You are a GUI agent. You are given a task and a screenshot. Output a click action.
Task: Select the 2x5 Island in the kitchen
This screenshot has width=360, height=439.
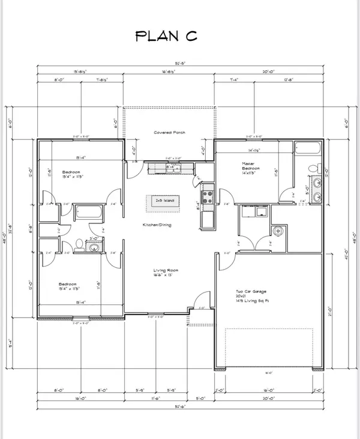coord(164,202)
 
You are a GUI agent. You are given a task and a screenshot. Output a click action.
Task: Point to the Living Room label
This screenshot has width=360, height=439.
coord(163,272)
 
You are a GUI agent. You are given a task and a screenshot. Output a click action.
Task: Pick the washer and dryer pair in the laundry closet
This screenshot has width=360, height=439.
coord(252,211)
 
